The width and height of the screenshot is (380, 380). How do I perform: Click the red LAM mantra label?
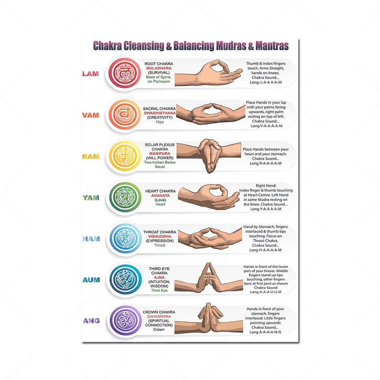[x=90, y=74]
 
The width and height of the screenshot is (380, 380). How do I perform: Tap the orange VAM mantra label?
[x=90, y=115]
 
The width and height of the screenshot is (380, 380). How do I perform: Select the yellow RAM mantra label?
[x=90, y=157]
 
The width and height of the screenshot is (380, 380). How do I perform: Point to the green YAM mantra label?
[x=91, y=198]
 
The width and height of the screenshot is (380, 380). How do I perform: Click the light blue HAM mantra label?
[x=91, y=239]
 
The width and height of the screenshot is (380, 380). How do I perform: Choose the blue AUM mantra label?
[x=91, y=280]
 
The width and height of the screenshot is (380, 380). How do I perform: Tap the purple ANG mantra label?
[x=91, y=321]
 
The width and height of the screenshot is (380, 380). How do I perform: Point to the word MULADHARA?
[x=159, y=68]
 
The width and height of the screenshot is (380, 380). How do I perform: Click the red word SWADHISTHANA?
[x=160, y=113]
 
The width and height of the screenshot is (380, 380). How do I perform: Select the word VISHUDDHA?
[x=160, y=236]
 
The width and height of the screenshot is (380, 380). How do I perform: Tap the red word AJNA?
[x=159, y=277]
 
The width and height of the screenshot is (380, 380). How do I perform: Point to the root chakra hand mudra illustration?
[x=209, y=73]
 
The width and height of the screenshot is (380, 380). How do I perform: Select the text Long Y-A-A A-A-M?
[x=266, y=209]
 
